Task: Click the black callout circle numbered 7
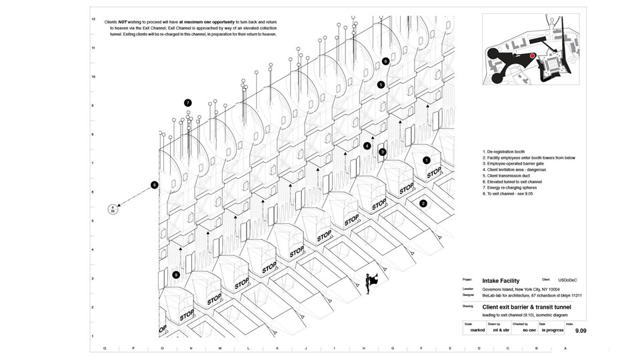click(x=188, y=103)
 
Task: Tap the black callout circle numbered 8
click(x=154, y=185)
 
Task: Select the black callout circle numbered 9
click(x=176, y=275)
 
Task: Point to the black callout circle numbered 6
click(x=386, y=61)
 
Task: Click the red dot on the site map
click(x=532, y=57)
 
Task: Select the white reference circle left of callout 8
click(x=113, y=209)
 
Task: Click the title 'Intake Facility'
click(x=501, y=281)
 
